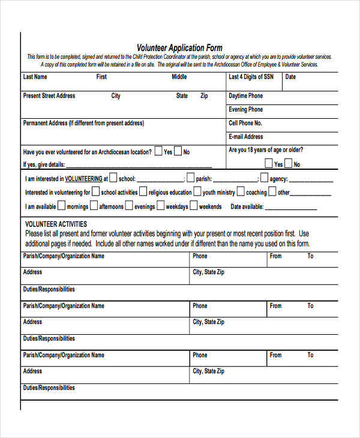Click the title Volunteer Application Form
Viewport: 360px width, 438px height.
tap(179, 48)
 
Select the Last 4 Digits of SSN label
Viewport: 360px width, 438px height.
tap(251, 77)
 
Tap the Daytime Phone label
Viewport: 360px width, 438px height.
tap(245, 96)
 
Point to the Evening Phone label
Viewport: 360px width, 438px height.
tap(245, 110)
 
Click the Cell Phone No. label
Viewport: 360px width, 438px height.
tap(247, 123)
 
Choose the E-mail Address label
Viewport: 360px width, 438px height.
tap(246, 137)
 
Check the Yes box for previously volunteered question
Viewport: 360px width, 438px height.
tap(158, 151)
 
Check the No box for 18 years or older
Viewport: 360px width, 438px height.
tap(288, 163)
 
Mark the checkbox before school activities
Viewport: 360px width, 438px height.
tap(95, 192)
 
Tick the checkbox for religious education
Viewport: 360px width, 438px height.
tap(143, 192)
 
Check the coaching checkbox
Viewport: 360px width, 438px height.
tap(240, 192)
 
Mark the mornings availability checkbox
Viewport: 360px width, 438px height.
tap(61, 206)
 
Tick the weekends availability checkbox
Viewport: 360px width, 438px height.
tap(193, 206)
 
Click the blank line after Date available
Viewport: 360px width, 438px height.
tap(290, 208)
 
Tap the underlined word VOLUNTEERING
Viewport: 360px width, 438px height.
tap(83, 179)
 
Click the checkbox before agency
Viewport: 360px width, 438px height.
tap(263, 178)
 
